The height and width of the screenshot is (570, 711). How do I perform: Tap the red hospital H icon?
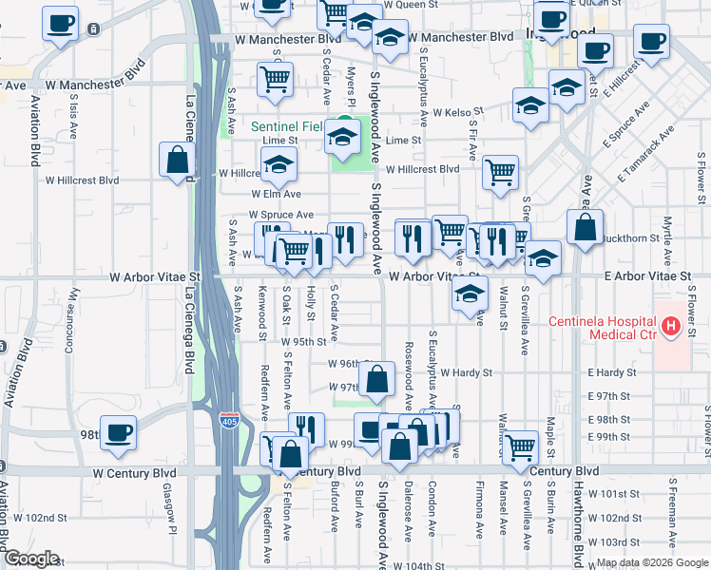tap(671, 328)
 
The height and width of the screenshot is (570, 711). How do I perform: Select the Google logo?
tap(31, 559)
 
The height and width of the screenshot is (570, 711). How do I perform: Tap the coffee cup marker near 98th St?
tap(119, 433)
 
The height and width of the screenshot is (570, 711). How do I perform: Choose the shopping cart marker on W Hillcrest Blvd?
tap(500, 172)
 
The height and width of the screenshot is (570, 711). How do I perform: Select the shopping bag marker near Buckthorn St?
tap(585, 227)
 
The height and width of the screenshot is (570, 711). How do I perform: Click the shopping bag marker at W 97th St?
tap(377, 378)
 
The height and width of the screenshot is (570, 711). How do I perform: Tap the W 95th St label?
tap(303, 341)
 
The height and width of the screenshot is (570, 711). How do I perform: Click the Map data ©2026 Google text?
tap(652, 562)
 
